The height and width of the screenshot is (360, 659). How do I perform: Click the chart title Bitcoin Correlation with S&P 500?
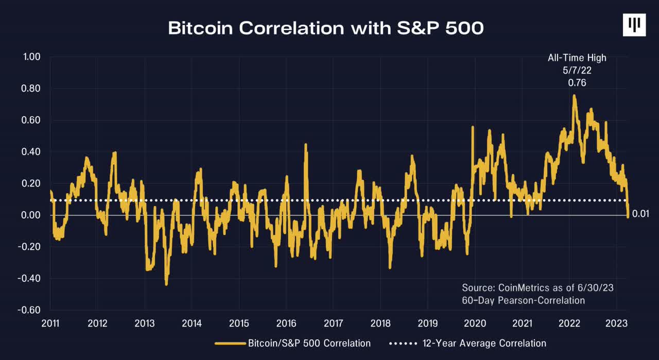[326, 28]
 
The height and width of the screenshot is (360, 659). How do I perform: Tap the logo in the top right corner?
[634, 25]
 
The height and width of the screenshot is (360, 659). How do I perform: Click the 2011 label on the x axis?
[50, 323]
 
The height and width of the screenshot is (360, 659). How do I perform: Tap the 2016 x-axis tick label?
[286, 323]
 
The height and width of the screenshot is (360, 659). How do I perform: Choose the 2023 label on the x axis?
[616, 323]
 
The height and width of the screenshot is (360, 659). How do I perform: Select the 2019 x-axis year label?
[427, 323]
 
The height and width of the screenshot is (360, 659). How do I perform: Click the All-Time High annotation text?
[577, 58]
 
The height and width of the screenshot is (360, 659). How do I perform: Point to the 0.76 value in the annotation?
[577, 82]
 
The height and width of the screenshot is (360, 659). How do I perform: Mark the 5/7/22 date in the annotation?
[577, 71]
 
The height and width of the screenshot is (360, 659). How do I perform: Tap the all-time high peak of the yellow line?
[574, 95]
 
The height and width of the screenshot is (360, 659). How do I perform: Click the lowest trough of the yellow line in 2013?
[166, 284]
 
